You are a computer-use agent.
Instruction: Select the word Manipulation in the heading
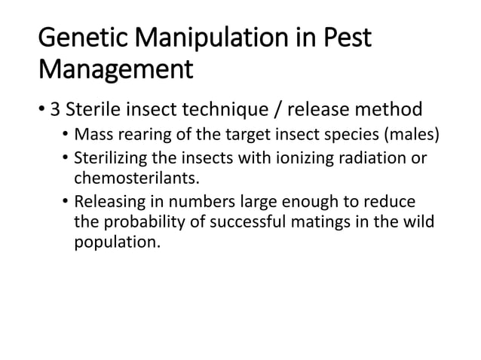209,38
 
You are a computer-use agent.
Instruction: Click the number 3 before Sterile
54,111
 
